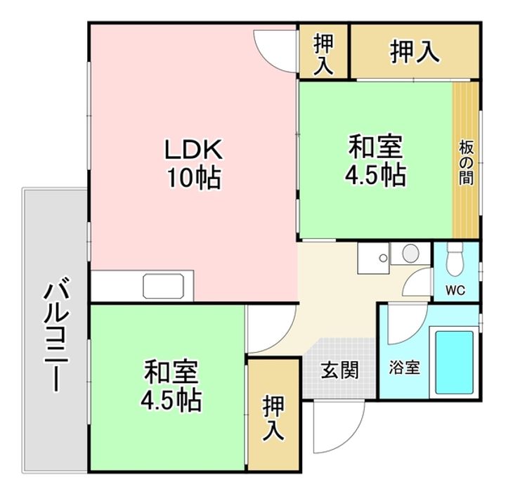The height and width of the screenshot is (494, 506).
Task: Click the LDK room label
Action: (193, 150)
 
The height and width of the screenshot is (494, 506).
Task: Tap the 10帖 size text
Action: (193, 178)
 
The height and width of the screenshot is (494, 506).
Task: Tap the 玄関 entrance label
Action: (340, 369)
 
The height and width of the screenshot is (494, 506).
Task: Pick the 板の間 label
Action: (465, 162)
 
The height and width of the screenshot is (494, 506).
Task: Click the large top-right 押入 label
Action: (415, 53)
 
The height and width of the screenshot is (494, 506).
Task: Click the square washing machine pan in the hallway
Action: (372, 259)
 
